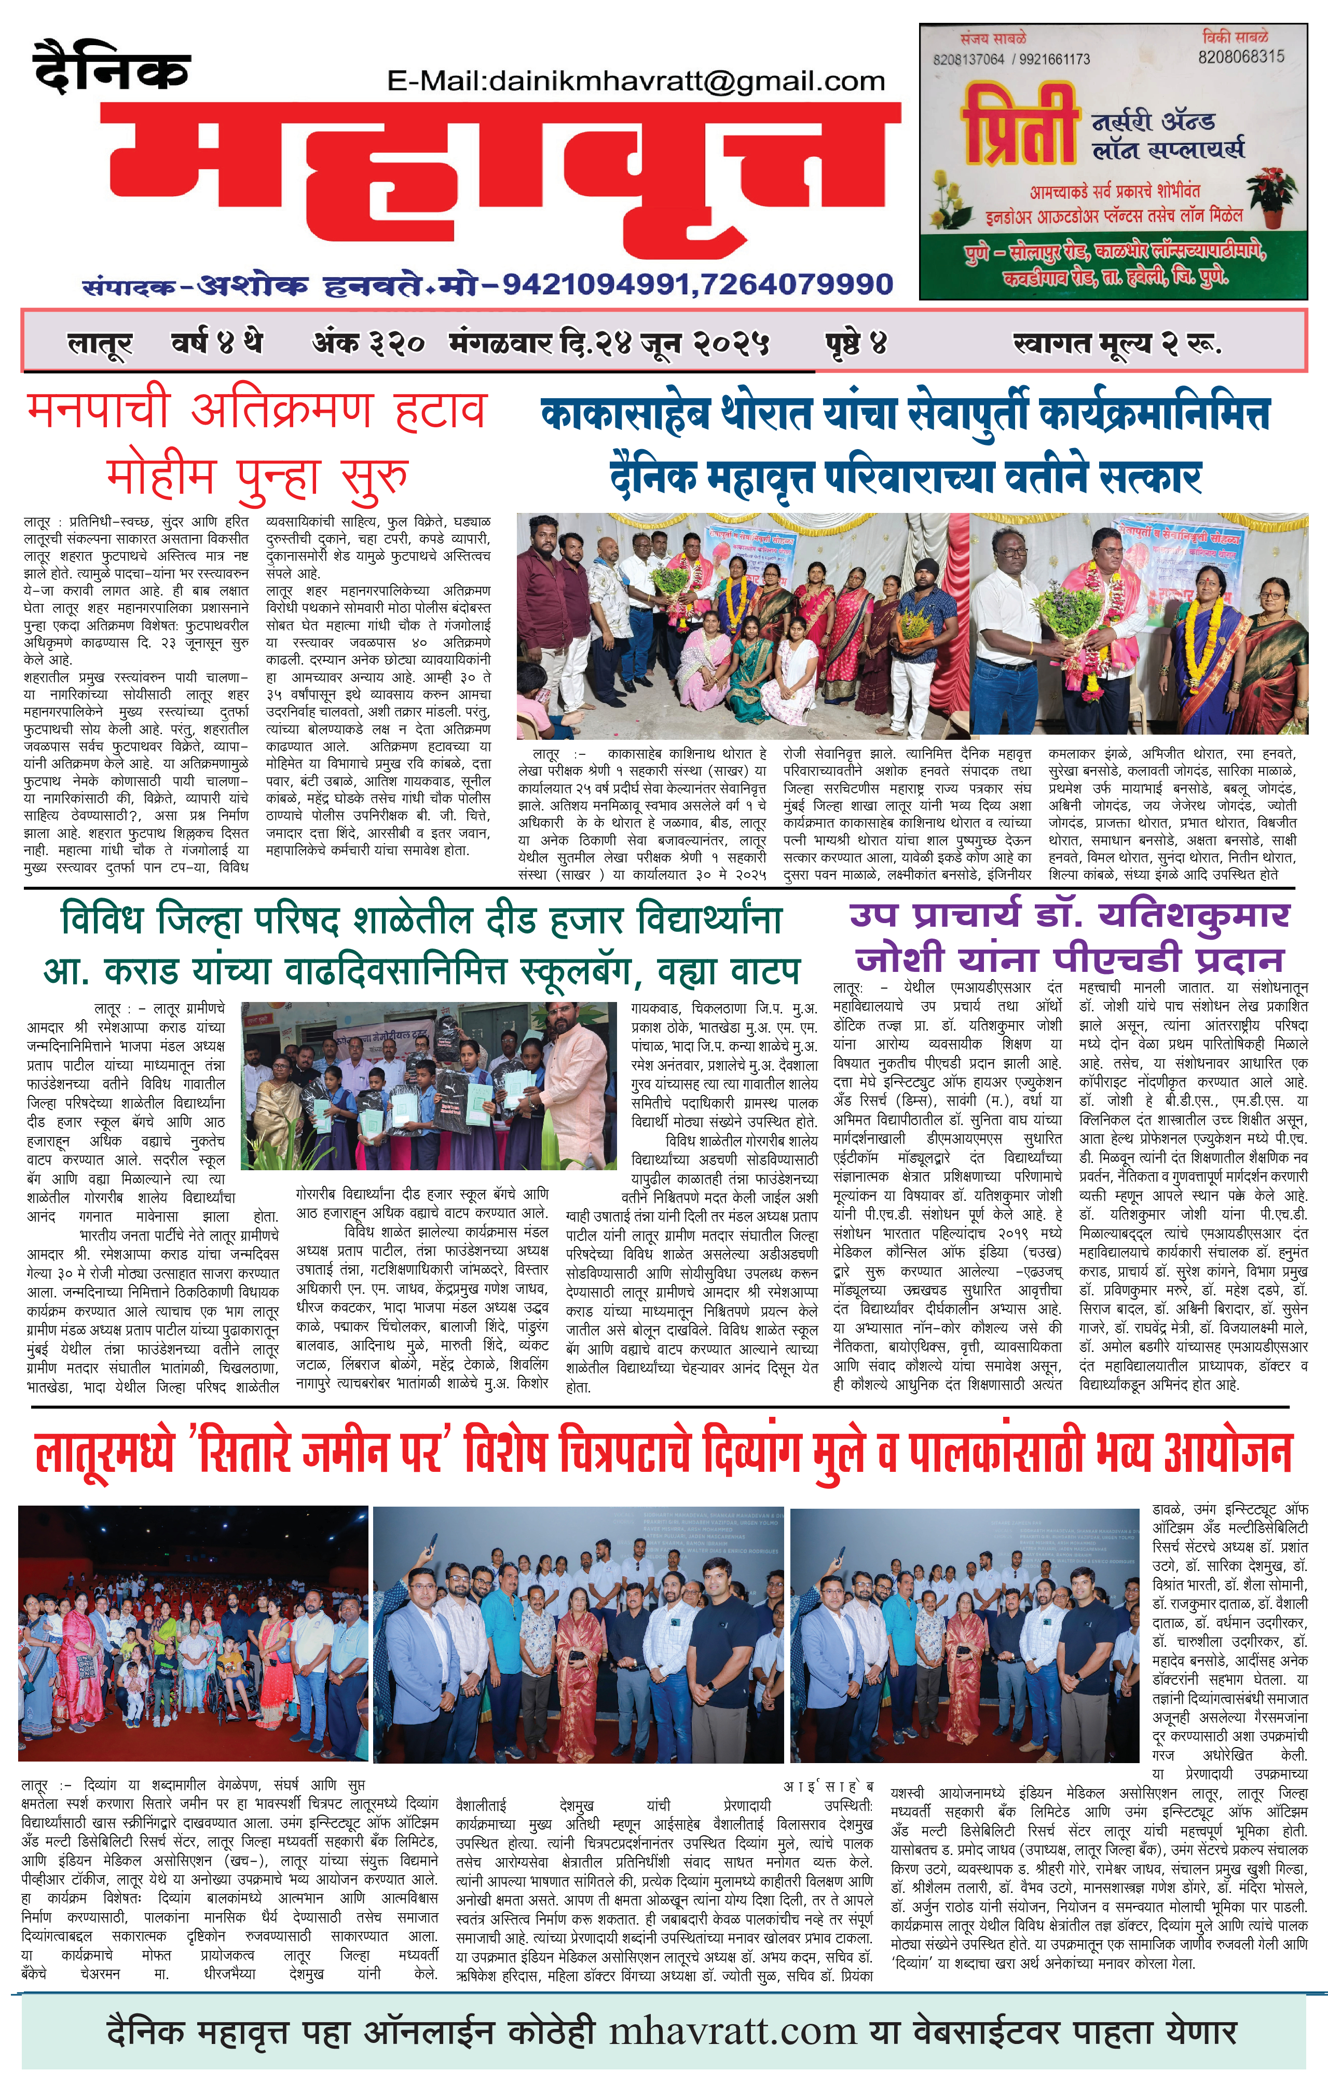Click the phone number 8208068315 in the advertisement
[1241, 57]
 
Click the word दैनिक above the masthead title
[112, 67]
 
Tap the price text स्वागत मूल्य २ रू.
[1117, 344]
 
